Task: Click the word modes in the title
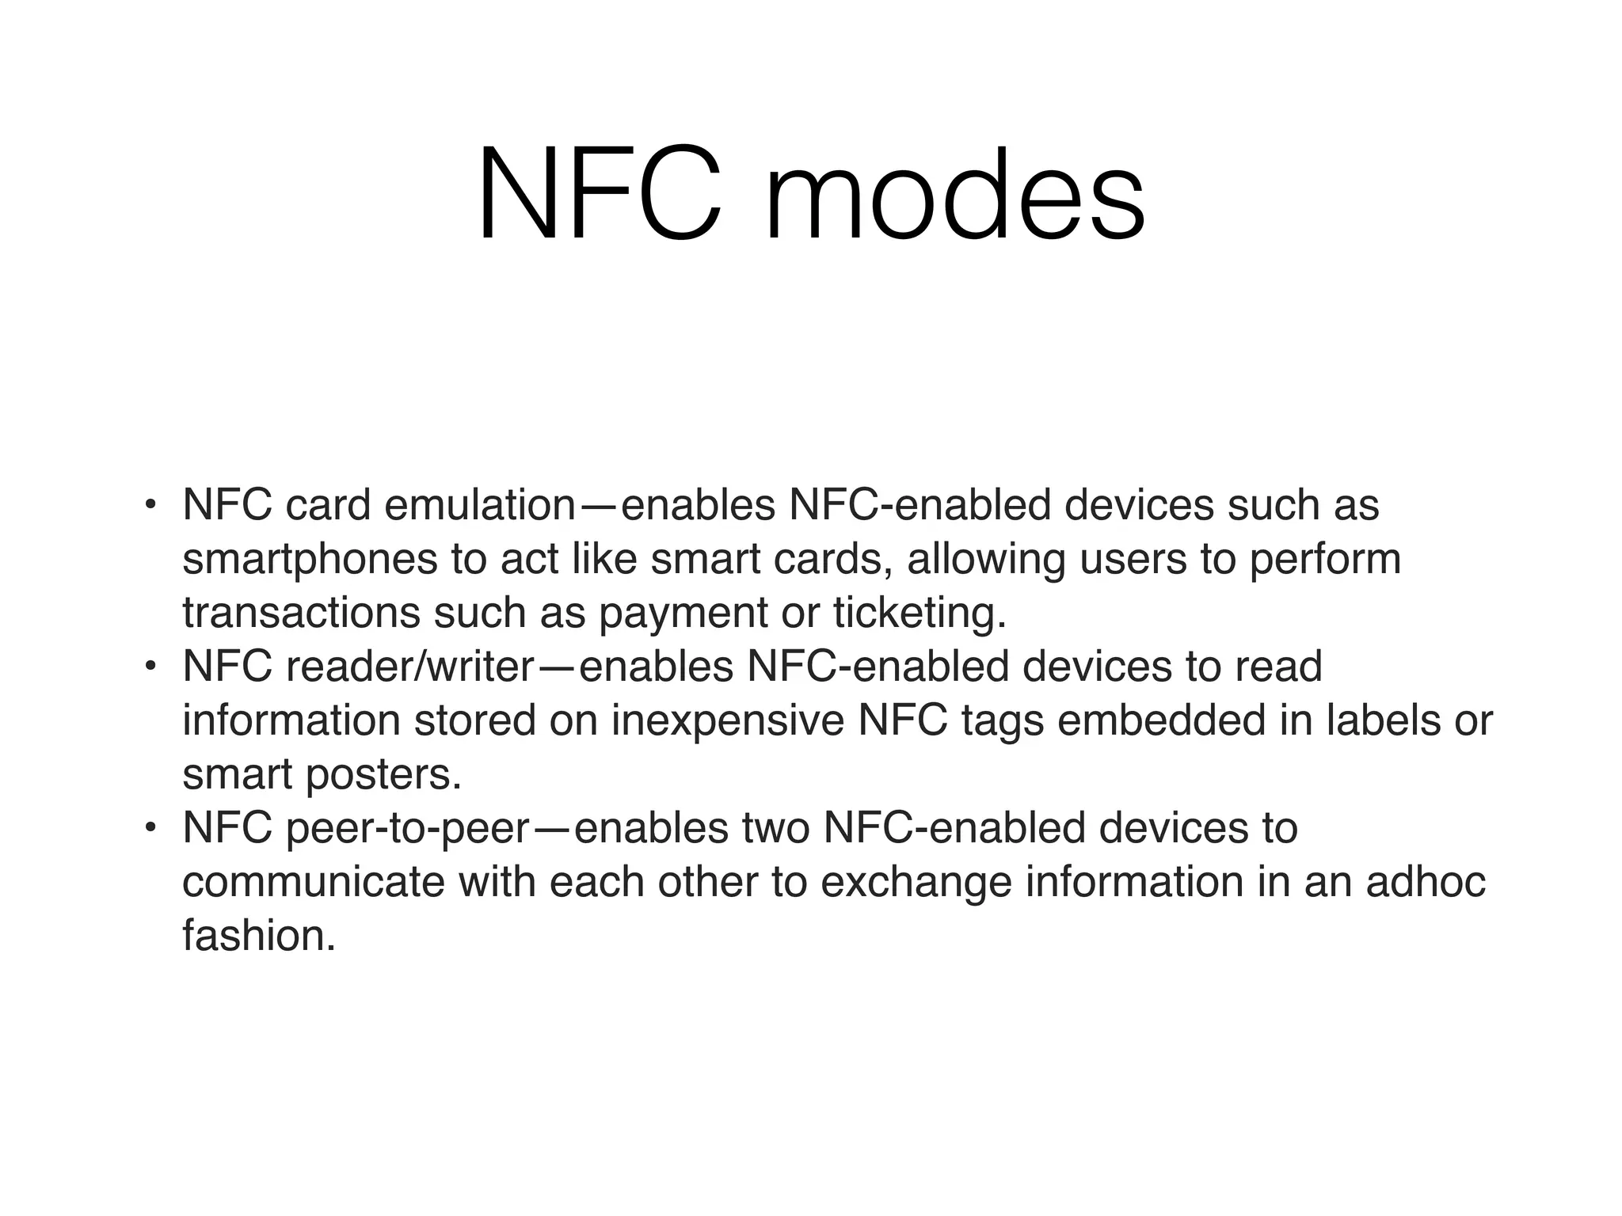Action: tap(954, 196)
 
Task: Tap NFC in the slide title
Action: tap(599, 196)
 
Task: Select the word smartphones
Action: tap(310, 560)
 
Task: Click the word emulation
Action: tap(478, 506)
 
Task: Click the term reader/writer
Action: tap(410, 667)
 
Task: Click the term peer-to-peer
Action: tap(407, 829)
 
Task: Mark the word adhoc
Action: tap(1425, 883)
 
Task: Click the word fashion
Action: tap(258, 937)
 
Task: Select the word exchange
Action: tap(916, 883)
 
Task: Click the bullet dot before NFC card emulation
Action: tap(150, 504)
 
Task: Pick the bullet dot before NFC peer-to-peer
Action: tap(150, 827)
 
